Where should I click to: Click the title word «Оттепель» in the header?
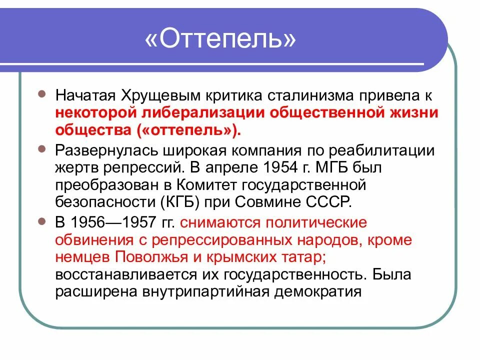220,39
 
